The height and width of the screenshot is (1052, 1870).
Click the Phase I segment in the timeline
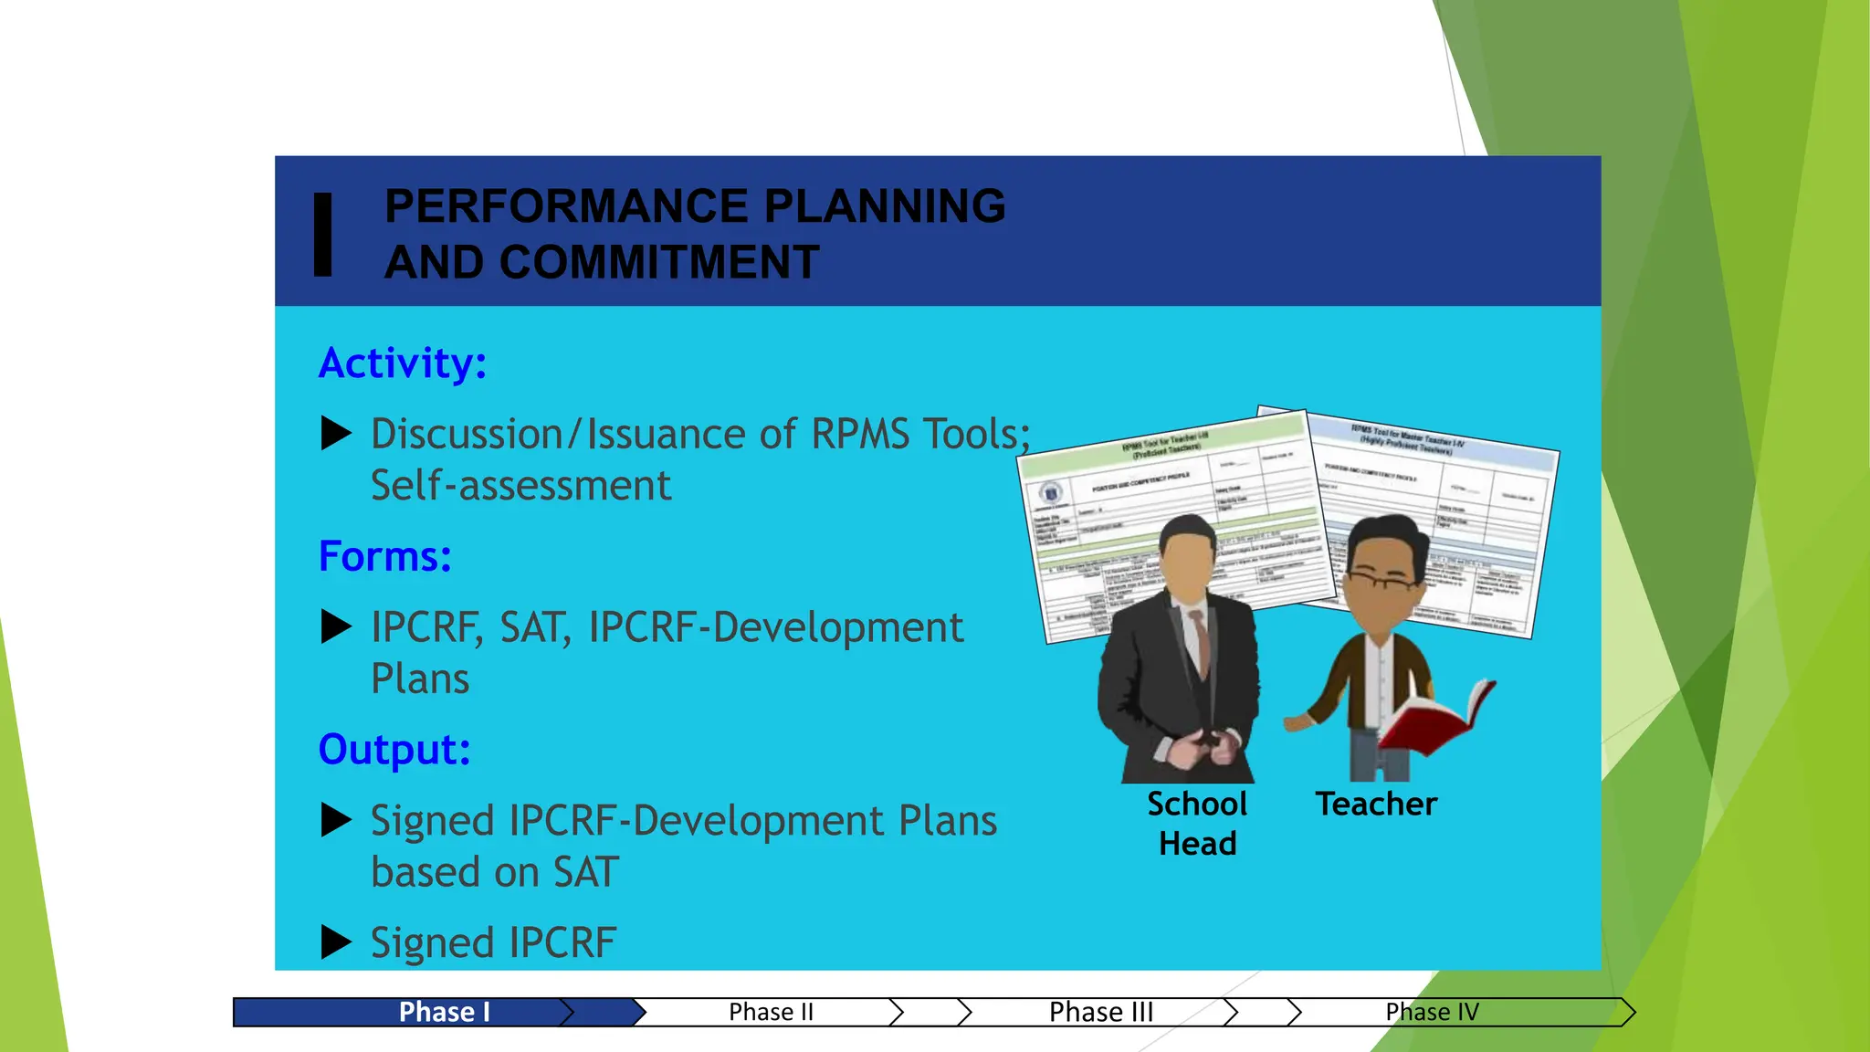[445, 1012]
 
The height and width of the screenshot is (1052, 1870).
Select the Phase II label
[771, 1012]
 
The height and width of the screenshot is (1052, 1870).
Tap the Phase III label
[1101, 1012]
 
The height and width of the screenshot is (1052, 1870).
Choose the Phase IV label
[1432, 1012]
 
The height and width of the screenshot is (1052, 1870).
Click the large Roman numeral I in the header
[322, 234]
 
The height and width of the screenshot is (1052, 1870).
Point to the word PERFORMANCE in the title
[566, 205]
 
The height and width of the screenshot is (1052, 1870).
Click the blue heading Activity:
[402, 363]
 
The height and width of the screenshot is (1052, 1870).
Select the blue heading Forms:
[384, 556]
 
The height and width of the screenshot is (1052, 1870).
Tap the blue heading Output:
[394, 750]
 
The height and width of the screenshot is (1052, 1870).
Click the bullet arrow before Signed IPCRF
[336, 942]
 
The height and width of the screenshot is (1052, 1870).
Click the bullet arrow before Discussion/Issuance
[336, 434]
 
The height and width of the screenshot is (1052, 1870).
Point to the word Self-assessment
[520, 486]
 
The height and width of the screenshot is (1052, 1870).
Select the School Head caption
[1197, 823]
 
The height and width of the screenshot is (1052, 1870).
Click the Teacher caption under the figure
[1376, 805]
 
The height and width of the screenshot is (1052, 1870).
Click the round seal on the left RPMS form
[1051, 493]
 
